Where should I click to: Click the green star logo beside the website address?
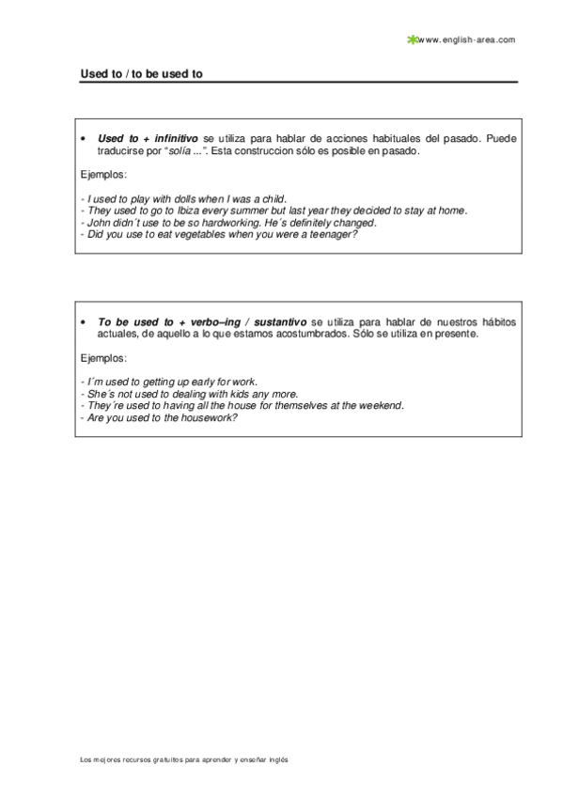(411, 39)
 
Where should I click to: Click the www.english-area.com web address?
(466, 39)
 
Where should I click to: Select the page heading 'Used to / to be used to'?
(141, 72)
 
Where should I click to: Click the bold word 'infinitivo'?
(177, 138)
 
